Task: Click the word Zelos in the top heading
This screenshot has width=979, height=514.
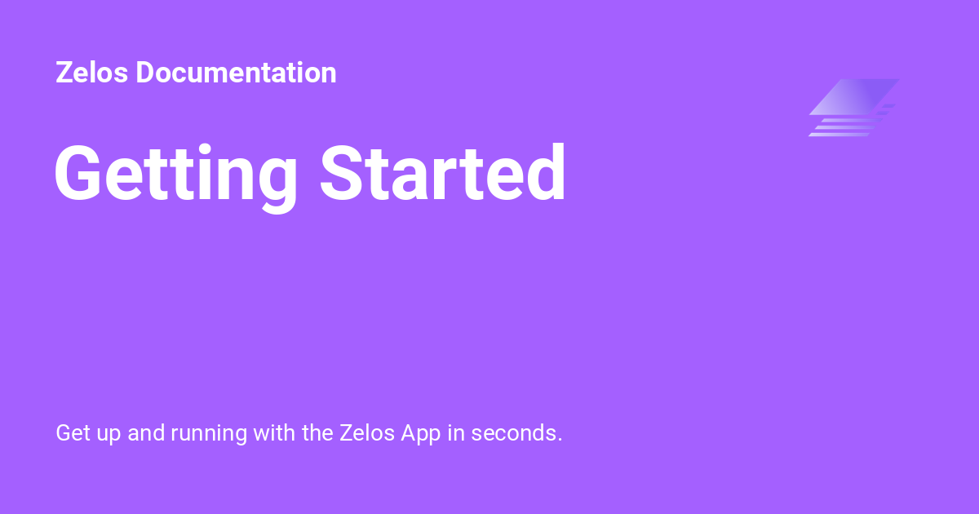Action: tap(92, 73)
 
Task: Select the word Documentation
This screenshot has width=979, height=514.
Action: tap(236, 73)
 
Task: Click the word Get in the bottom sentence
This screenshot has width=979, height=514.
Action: tap(71, 432)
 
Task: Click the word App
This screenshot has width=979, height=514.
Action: tap(420, 433)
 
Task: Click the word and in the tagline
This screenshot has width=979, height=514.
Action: tap(146, 432)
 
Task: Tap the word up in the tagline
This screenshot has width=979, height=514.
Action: tap(107, 434)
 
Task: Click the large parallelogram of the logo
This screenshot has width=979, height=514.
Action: tap(853, 96)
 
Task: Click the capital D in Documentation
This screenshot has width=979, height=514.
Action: tap(147, 73)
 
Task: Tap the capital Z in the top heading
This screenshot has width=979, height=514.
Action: tap(64, 73)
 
